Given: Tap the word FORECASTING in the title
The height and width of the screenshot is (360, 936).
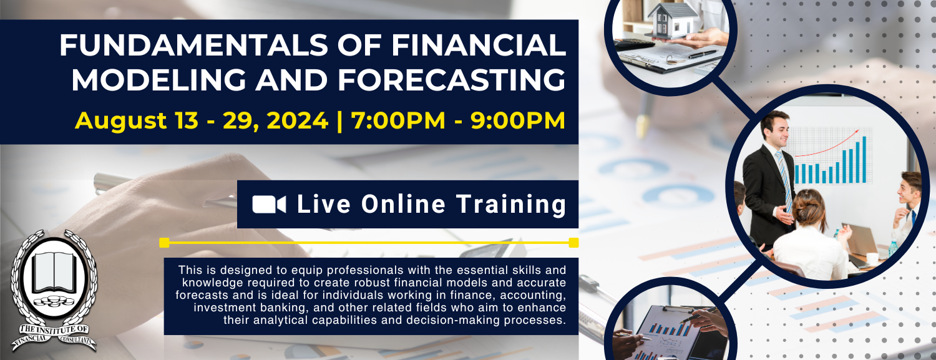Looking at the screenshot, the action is click(452, 80).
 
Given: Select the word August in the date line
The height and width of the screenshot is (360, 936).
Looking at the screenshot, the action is click(121, 120).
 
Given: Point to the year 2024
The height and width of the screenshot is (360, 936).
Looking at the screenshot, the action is click(296, 120).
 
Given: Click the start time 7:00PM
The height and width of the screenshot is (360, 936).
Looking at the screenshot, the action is click(398, 120).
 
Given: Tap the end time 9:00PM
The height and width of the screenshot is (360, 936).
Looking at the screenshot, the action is click(518, 120).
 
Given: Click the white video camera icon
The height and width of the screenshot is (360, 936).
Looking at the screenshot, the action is click(269, 205).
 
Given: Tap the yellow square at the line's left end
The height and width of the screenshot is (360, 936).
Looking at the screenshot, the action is click(164, 243).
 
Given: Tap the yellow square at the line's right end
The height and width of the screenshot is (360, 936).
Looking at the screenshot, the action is click(573, 243).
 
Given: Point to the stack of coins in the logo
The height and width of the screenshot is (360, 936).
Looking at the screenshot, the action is click(54, 301).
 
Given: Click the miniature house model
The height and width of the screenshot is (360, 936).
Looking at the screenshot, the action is click(672, 19).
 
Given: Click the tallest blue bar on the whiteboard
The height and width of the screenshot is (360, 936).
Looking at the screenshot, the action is click(864, 160).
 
